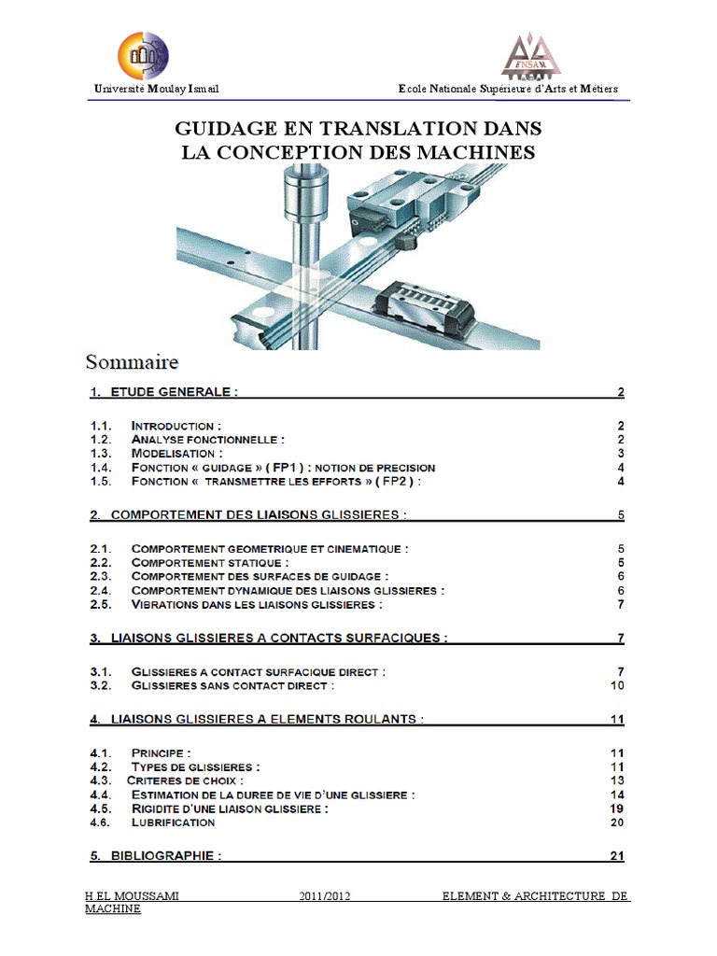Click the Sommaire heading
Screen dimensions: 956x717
pos(133,360)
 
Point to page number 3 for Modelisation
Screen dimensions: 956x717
pos(620,454)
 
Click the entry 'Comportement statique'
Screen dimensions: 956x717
pos(210,563)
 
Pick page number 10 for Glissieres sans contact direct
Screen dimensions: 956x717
pos(616,686)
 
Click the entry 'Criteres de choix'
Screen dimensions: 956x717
pos(185,780)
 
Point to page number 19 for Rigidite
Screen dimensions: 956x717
pos(616,808)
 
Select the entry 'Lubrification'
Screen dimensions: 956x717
pos(174,822)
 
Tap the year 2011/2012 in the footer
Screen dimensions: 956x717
pos(324,897)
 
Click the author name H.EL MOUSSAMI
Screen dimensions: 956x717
pos(132,897)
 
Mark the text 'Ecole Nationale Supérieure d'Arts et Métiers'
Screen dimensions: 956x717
pos(508,89)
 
